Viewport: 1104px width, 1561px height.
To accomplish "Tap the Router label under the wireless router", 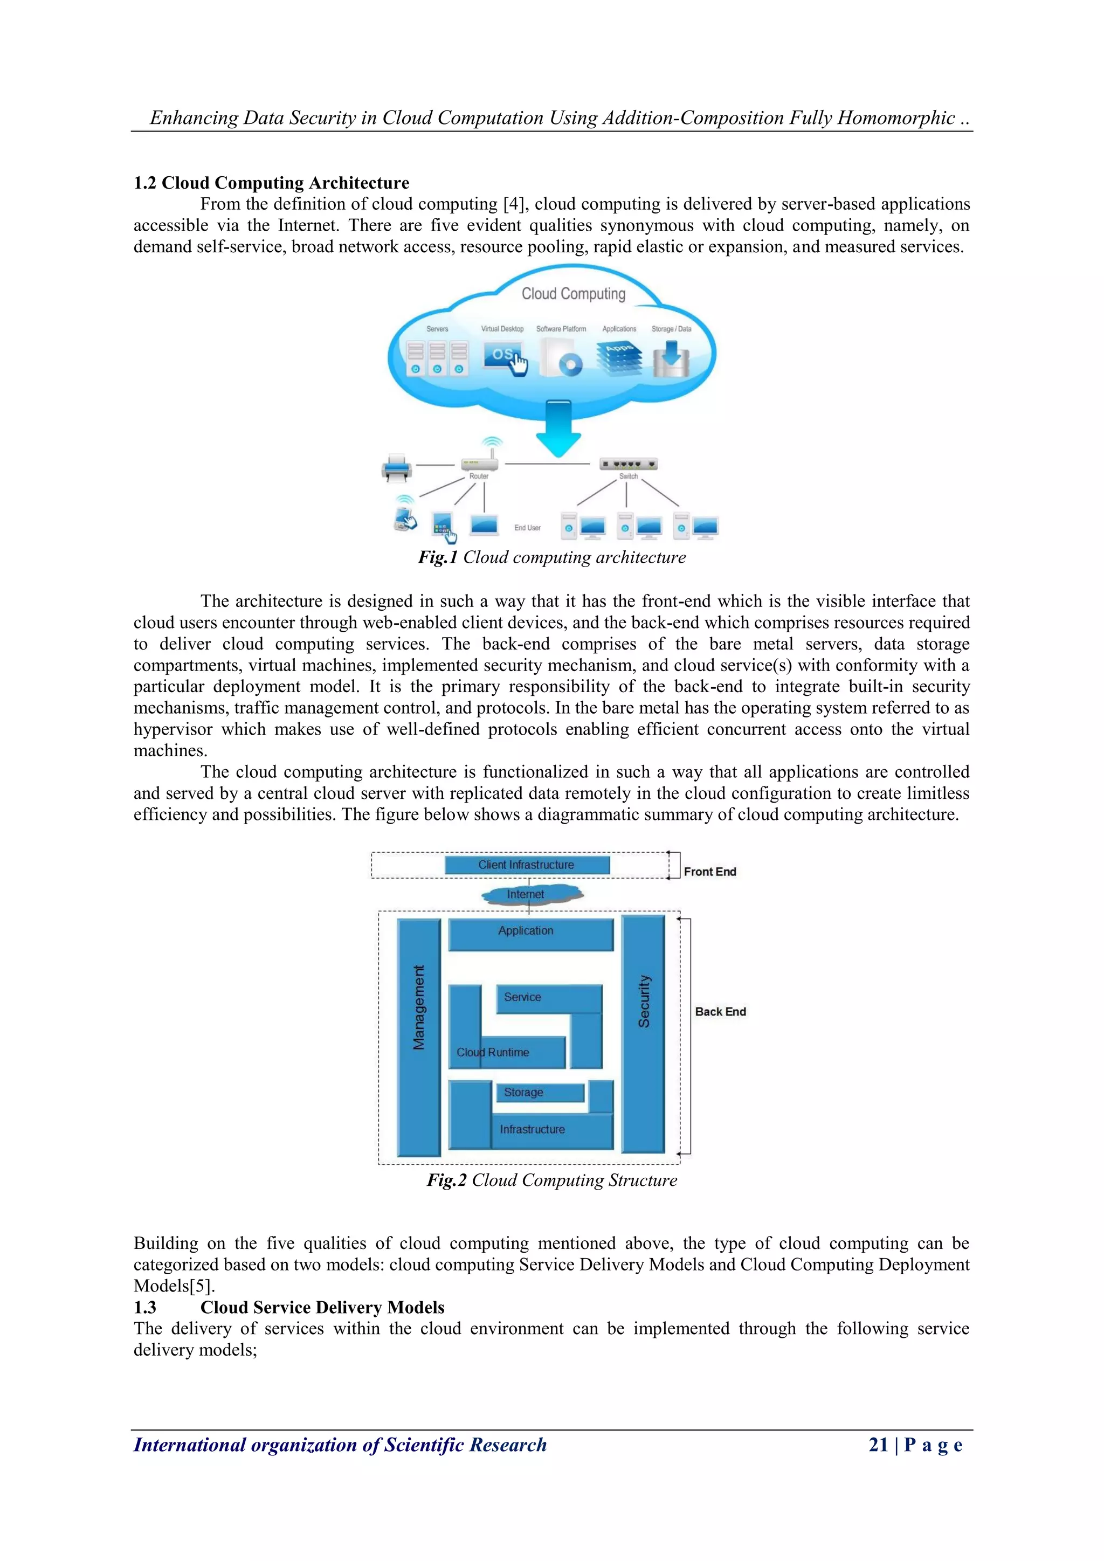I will (x=479, y=476).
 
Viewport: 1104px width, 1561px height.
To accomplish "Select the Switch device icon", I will (x=628, y=464).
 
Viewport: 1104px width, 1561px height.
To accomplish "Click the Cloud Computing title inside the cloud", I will (x=573, y=294).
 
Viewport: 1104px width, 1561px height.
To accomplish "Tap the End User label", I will (x=528, y=528).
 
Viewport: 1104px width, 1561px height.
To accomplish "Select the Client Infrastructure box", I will (x=527, y=865).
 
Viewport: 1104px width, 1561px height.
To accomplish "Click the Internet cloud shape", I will (x=530, y=895).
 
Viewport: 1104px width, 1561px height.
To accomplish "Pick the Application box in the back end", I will (x=530, y=934).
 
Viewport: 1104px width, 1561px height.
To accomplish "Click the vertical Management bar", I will (x=419, y=1037).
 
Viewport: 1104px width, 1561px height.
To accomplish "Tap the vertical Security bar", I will (x=643, y=1033).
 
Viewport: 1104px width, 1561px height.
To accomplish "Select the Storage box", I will (x=539, y=1092).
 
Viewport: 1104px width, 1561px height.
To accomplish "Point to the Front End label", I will (x=710, y=872).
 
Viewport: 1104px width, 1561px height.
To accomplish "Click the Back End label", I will (x=720, y=1012).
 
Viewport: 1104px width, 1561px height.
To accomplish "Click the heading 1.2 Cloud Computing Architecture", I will (x=271, y=183).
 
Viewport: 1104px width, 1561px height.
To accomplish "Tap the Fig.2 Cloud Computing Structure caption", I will (x=552, y=1180).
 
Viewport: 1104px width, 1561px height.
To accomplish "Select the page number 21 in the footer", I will (x=878, y=1445).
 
